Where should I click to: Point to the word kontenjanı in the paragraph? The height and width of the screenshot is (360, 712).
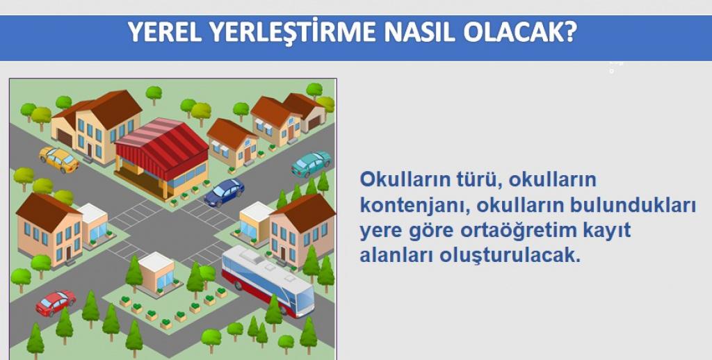[412, 206]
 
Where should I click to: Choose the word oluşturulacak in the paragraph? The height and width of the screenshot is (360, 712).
[510, 256]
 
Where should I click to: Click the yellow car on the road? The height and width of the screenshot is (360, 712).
[59, 159]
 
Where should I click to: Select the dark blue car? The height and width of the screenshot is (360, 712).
[225, 192]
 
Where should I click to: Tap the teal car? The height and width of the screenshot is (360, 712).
[311, 164]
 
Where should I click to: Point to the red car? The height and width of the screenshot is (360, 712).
[56, 303]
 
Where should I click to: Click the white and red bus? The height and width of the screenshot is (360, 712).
[268, 281]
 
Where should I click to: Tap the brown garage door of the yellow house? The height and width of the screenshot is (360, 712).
[65, 138]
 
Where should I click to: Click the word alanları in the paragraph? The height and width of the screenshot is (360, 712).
[396, 256]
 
